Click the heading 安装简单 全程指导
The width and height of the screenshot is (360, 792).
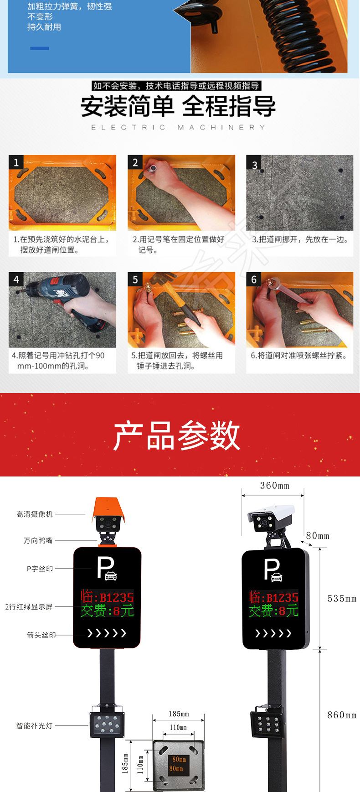[178, 106]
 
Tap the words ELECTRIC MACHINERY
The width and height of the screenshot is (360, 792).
[178, 128]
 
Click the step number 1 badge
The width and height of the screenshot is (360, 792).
[16, 162]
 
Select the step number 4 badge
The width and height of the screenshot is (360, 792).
[16, 279]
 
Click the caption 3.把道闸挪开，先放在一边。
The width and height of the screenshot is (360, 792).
[300, 239]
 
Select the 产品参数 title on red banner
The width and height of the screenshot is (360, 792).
[177, 435]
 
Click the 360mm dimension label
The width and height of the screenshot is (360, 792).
[275, 486]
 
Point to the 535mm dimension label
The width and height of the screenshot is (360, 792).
[342, 599]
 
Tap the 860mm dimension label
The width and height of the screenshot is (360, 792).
[342, 715]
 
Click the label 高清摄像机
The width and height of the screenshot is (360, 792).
[35, 514]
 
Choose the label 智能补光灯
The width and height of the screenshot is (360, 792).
[35, 725]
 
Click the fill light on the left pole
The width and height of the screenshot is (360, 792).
[107, 724]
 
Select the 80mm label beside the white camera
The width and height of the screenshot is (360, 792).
[318, 536]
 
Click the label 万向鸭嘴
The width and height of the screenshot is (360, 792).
[38, 541]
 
